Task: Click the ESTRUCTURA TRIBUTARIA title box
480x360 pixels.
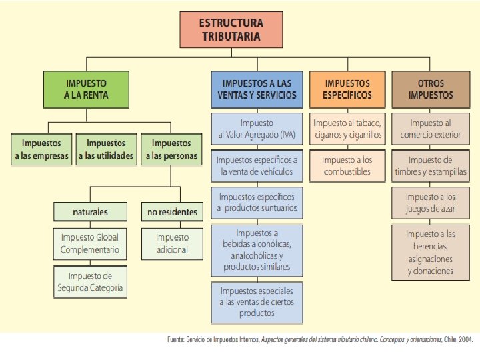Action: pyautogui.click(x=230, y=29)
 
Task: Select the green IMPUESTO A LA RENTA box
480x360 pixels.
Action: pyautogui.click(x=86, y=89)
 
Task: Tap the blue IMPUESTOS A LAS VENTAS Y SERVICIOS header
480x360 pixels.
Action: pyautogui.click(x=256, y=89)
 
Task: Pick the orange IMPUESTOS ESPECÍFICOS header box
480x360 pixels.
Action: pyautogui.click(x=347, y=89)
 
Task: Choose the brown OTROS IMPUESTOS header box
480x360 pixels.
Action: pyautogui.click(x=431, y=89)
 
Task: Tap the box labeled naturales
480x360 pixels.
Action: pyautogui.click(x=90, y=212)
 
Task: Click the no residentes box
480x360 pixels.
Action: pyautogui.click(x=172, y=212)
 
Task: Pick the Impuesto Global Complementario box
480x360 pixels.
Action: pyautogui.click(x=90, y=243)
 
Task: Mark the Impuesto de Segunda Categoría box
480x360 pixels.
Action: pyautogui.click(x=90, y=282)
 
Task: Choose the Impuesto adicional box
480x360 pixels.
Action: pyautogui.click(x=172, y=243)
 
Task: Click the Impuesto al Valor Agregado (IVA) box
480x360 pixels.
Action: pyautogui.click(x=257, y=129)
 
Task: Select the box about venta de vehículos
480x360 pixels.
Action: pyautogui.click(x=257, y=166)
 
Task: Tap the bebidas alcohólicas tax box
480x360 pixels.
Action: pyautogui.click(x=257, y=250)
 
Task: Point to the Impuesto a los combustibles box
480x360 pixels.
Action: pyautogui.click(x=347, y=166)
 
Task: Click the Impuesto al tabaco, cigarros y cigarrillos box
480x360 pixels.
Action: pyautogui.click(x=347, y=129)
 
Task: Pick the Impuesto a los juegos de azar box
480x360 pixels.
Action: pyautogui.click(x=431, y=203)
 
